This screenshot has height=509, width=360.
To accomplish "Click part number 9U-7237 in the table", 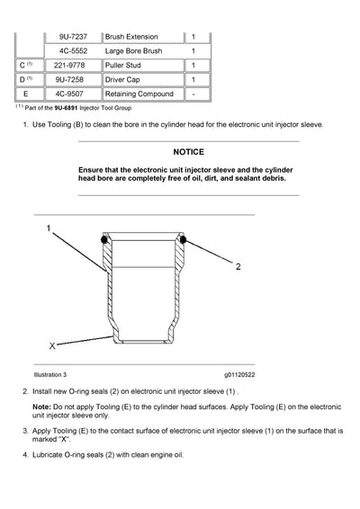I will pos(72,37).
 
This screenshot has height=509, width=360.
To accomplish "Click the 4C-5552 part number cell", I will pos(72,51).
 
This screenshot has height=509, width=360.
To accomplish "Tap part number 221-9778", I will pos(72,66).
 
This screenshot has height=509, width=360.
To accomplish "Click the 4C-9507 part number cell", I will pos(72,94).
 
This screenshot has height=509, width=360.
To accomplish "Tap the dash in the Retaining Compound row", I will pos(194,94).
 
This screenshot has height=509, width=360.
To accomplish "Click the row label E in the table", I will pos(28,94).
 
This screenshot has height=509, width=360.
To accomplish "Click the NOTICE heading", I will pos(190,153).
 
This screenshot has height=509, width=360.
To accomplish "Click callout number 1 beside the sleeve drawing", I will pos(49,229).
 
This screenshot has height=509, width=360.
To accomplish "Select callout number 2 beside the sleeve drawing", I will pos(238,266).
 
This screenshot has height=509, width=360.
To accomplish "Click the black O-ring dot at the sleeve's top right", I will pos(182,241).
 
